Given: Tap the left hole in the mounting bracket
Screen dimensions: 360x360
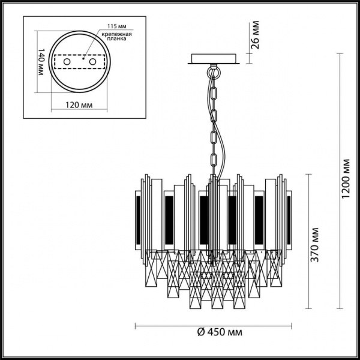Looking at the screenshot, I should [x=67, y=62].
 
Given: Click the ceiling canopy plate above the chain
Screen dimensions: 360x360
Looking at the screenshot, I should [x=214, y=59].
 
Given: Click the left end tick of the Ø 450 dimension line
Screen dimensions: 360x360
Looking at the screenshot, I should [x=134, y=327].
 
